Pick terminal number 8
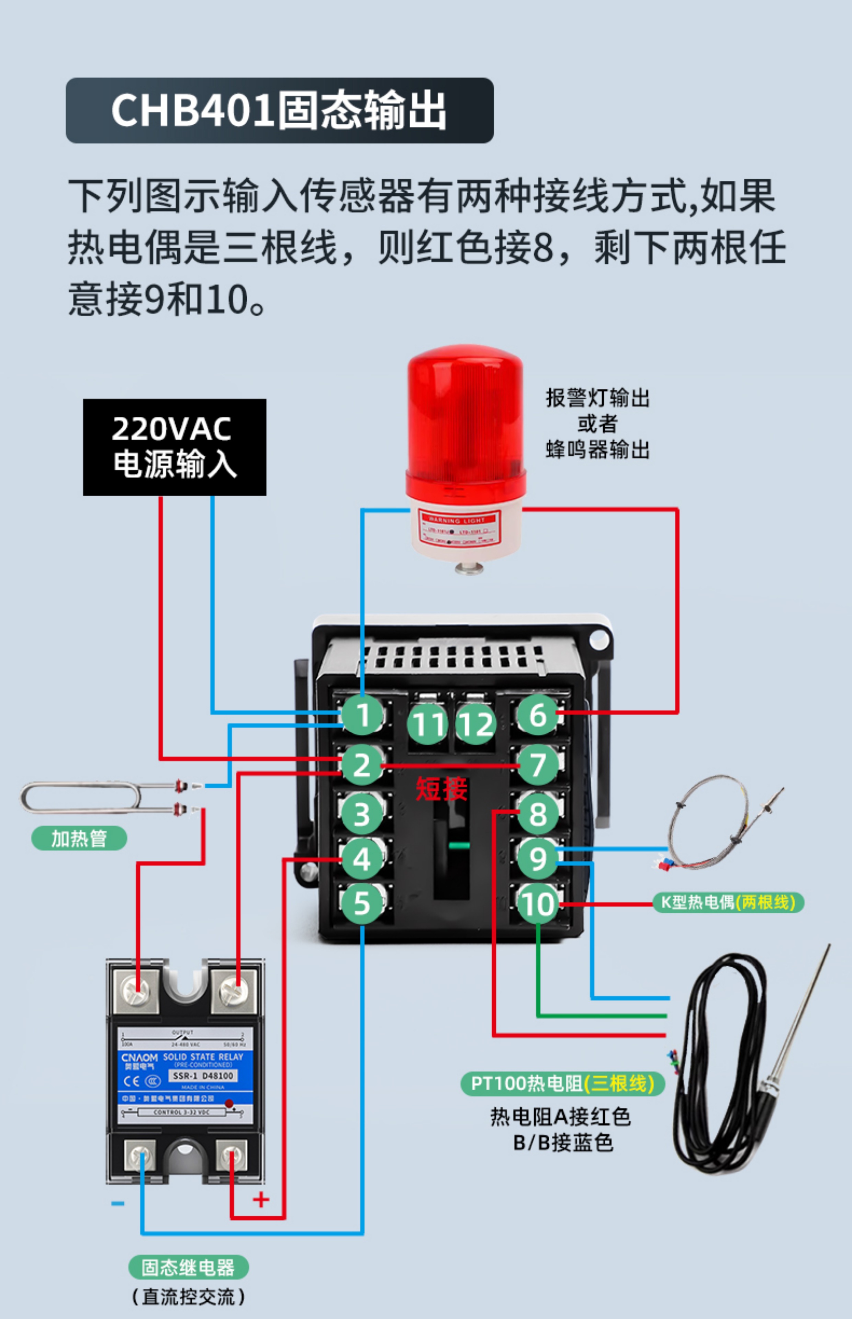(x=538, y=813)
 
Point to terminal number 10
(x=538, y=904)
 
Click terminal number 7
(x=538, y=765)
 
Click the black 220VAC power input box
(x=174, y=447)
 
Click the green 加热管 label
(x=79, y=838)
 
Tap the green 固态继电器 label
(x=188, y=1267)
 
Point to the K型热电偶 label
(x=728, y=902)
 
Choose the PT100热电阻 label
(x=562, y=1083)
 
